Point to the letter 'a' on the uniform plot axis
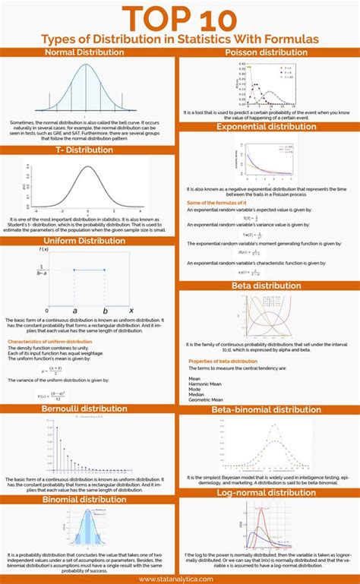coord(74,311)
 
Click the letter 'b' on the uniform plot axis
coord(105,311)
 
